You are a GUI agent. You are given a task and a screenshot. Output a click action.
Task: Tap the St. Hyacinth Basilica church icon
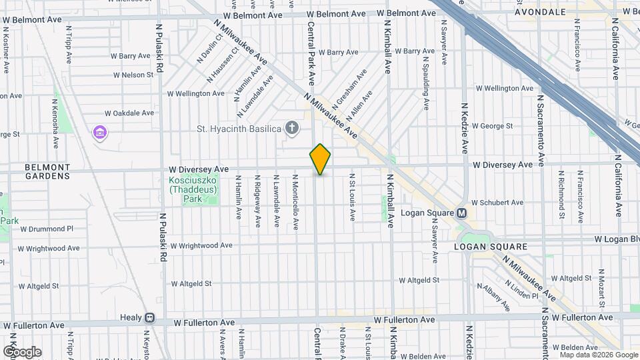[291, 127]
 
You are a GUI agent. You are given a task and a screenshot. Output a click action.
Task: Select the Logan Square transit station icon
[461, 214]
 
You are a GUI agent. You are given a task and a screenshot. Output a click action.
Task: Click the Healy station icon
[149, 318]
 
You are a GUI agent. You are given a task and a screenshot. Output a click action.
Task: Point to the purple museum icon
[100, 133]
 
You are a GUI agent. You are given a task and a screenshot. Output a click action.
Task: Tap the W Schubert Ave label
[497, 203]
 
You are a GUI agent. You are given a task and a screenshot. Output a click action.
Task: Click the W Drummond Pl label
[46, 229]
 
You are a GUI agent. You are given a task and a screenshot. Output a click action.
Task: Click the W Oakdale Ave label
[129, 113]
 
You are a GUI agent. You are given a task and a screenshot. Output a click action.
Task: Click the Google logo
[22, 352]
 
